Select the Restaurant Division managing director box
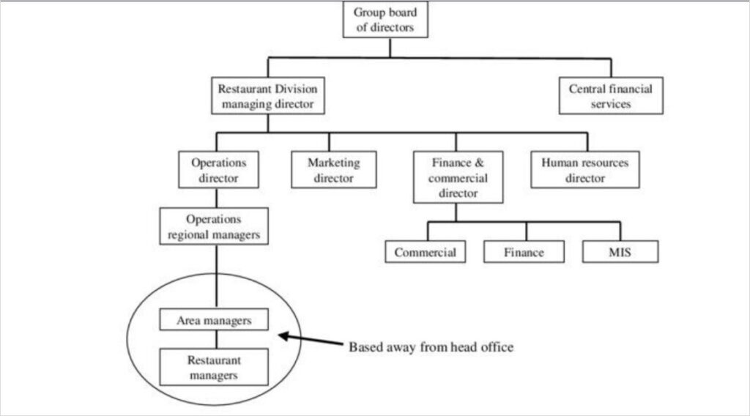267,96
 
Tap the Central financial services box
610,96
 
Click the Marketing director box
334,170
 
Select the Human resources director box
584,170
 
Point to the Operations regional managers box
214,226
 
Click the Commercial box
425,252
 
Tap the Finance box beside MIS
524,252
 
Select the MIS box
620,252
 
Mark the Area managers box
214,320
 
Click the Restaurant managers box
214,367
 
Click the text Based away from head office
430,347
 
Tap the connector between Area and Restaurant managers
214,338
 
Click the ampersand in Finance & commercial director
475,162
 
